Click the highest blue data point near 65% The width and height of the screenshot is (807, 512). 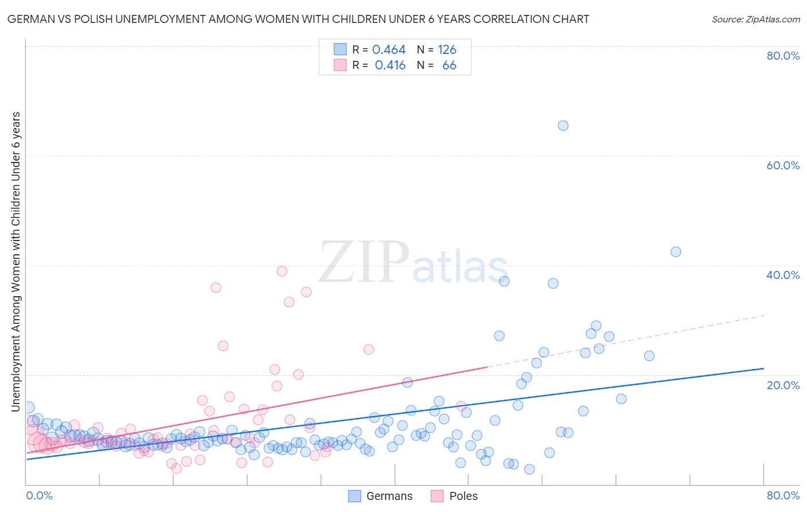563,126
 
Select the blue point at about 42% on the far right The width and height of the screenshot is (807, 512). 676,252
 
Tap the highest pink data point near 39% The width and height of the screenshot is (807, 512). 282,271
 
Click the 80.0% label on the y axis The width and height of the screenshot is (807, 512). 783,56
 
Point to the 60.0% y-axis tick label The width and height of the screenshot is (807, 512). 783,165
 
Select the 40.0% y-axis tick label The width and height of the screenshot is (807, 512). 783,275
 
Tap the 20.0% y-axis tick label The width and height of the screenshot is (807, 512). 783,385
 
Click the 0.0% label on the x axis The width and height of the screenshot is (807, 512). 39,495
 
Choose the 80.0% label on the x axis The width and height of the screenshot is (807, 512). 783,495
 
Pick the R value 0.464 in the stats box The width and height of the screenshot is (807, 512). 389,50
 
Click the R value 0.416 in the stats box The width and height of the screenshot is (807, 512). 390,65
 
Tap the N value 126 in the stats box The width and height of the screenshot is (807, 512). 447,50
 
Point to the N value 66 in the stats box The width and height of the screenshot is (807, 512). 449,65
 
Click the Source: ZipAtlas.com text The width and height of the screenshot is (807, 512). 755,19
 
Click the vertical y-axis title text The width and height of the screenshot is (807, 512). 15,261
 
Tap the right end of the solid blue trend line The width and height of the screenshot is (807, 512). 763,369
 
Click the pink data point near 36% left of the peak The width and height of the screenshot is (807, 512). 216,288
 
